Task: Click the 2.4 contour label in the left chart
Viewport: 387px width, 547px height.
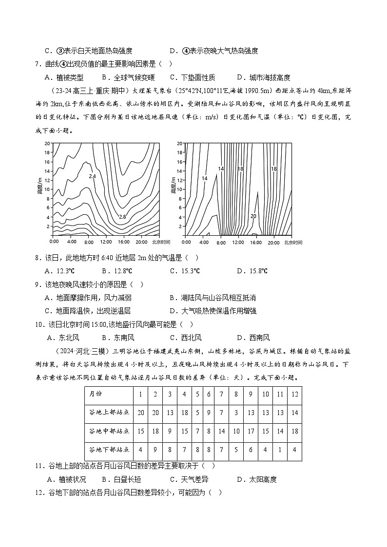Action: coord(93,176)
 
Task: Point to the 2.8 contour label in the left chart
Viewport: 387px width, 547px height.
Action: coord(122,217)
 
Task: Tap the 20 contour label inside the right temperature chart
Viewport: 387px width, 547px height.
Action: coord(253,215)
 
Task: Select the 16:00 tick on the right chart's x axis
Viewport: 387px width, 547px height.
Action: coord(256,242)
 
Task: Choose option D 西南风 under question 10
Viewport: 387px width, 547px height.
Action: coord(253,338)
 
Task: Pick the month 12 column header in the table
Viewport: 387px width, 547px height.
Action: coord(294,394)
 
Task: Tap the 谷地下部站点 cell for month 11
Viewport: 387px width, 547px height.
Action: coord(279,449)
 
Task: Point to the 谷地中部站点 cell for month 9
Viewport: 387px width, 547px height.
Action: coord(251,431)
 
